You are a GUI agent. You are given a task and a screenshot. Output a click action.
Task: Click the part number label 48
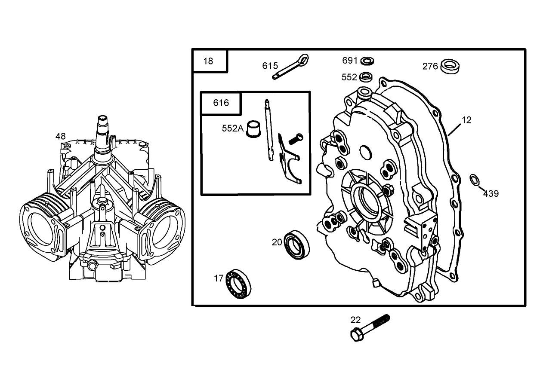point(61,136)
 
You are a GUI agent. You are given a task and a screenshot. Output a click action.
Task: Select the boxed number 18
point(208,61)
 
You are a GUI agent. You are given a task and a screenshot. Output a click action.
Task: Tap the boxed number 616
point(221,103)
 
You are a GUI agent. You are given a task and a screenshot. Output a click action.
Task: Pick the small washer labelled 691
point(367,60)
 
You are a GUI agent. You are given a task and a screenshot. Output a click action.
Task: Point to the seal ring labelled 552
point(366,77)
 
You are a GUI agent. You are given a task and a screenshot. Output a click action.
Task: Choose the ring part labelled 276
point(450,66)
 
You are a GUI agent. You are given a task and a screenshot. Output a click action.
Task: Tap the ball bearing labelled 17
point(238,283)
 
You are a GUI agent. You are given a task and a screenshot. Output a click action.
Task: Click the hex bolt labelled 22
point(370,327)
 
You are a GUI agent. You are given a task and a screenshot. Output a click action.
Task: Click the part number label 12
point(466,120)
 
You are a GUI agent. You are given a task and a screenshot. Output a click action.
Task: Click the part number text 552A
point(232,128)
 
